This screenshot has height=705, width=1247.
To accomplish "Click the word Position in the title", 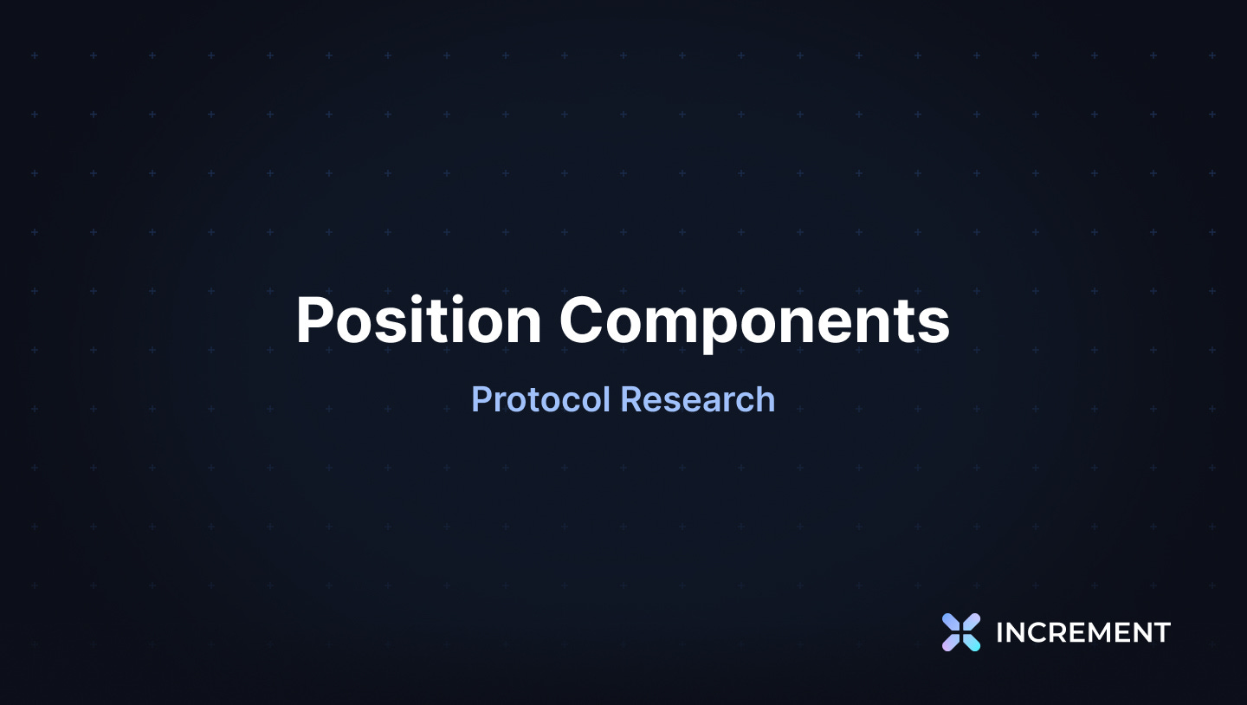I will click(x=418, y=321).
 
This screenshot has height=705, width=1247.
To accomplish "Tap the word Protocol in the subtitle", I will click(x=541, y=399).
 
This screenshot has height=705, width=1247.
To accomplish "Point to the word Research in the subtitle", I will click(x=698, y=399).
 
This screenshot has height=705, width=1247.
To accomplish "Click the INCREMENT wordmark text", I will click(x=1082, y=633).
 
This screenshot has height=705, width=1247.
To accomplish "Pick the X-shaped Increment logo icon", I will click(x=961, y=632).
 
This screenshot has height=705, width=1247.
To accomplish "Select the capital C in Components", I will click(x=581, y=321).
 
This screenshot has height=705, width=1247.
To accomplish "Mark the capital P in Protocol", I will click(x=481, y=399).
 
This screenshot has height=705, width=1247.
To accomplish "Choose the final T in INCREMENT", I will click(x=1161, y=633).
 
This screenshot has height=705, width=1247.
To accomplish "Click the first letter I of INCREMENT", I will click(x=999, y=633).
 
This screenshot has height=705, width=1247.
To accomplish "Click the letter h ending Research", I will click(x=766, y=399).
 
